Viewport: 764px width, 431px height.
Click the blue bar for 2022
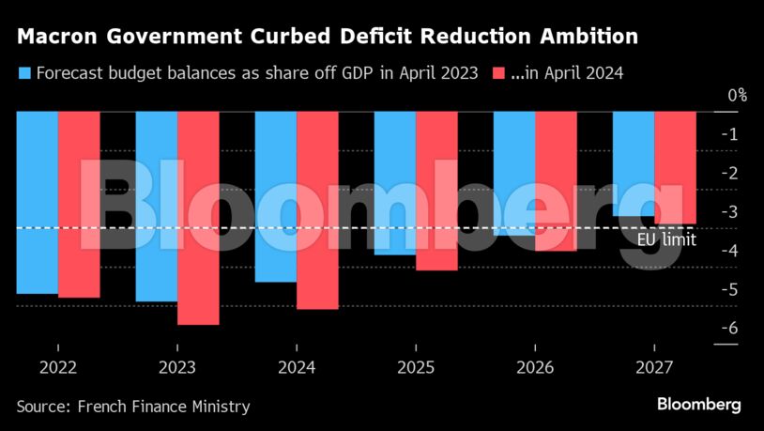click(38, 202)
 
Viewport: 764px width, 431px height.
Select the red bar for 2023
click(198, 218)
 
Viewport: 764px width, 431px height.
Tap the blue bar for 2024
click(276, 196)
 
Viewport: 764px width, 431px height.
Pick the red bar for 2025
click(436, 191)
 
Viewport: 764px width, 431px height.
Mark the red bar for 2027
click(675, 167)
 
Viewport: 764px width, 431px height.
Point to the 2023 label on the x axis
click(177, 367)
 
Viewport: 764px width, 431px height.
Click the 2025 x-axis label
click(416, 367)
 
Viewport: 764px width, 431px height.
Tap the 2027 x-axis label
click(654, 367)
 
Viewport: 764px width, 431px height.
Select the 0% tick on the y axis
click(737, 95)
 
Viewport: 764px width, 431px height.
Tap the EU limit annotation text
click(666, 240)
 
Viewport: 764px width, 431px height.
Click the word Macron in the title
click(55, 38)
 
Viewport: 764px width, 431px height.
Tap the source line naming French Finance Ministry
click(133, 407)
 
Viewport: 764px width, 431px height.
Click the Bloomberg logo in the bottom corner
click(698, 405)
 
